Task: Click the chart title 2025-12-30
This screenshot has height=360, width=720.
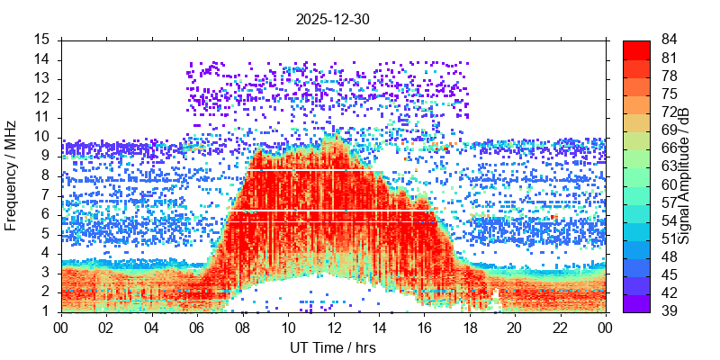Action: point(333,18)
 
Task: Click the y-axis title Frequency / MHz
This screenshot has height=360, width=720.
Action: point(12,176)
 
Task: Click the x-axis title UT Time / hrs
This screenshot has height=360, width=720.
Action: point(333,347)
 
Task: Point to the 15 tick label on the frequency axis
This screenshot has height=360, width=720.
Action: point(42,40)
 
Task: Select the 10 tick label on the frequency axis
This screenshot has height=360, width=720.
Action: point(42,137)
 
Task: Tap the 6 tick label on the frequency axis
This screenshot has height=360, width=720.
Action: point(46,214)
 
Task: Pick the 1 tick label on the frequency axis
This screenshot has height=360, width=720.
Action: point(46,311)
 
